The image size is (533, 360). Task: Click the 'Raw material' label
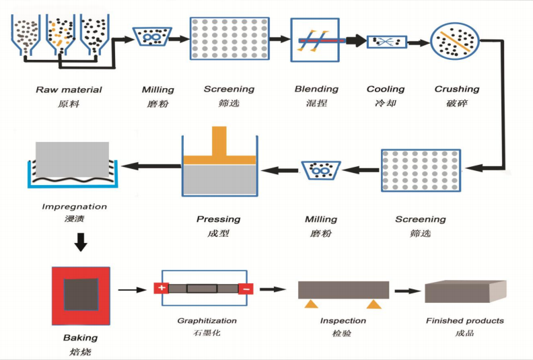click(x=69, y=89)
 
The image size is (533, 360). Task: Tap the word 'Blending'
click(x=316, y=89)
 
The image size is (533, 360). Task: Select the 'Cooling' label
click(x=386, y=89)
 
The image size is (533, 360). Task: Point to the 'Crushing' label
click(x=457, y=89)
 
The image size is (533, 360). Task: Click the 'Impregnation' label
click(x=75, y=207)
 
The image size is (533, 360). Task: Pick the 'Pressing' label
click(x=218, y=219)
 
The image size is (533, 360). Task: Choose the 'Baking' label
click(x=81, y=337)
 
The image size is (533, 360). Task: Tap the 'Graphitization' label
click(x=207, y=321)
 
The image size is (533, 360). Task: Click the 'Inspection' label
click(x=343, y=321)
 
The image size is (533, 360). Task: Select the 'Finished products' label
click(x=465, y=321)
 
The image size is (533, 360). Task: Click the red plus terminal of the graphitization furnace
click(x=161, y=289)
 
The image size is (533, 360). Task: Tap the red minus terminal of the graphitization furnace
click(x=246, y=289)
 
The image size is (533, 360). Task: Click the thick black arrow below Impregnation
click(x=81, y=242)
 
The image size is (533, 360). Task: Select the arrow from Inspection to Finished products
click(x=404, y=291)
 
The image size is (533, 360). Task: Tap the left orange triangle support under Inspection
click(x=310, y=305)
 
